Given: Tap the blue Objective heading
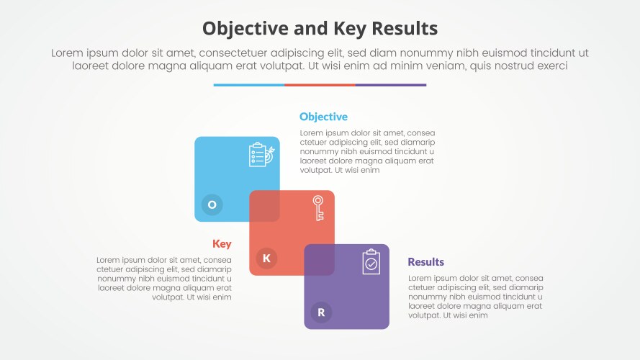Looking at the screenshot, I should (x=323, y=117).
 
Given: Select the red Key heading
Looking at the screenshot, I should (x=222, y=244).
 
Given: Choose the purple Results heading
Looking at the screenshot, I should (x=425, y=262).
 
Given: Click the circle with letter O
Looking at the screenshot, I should (x=212, y=204).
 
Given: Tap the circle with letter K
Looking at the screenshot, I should (x=266, y=258).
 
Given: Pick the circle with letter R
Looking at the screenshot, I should (x=321, y=312).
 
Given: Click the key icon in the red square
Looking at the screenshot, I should (x=317, y=207).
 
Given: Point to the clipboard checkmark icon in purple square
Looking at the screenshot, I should (x=371, y=262).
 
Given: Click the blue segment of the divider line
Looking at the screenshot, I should (x=248, y=85).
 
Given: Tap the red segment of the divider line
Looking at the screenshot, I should (x=320, y=85).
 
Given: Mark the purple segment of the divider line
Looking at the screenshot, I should (x=391, y=85).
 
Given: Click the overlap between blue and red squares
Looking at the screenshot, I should (x=264, y=206).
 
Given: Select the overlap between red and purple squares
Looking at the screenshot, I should (x=319, y=260).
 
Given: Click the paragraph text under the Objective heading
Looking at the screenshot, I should (x=367, y=152).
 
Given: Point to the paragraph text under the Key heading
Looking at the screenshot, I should (x=164, y=278).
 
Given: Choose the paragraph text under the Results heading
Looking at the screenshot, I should (x=476, y=297).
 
